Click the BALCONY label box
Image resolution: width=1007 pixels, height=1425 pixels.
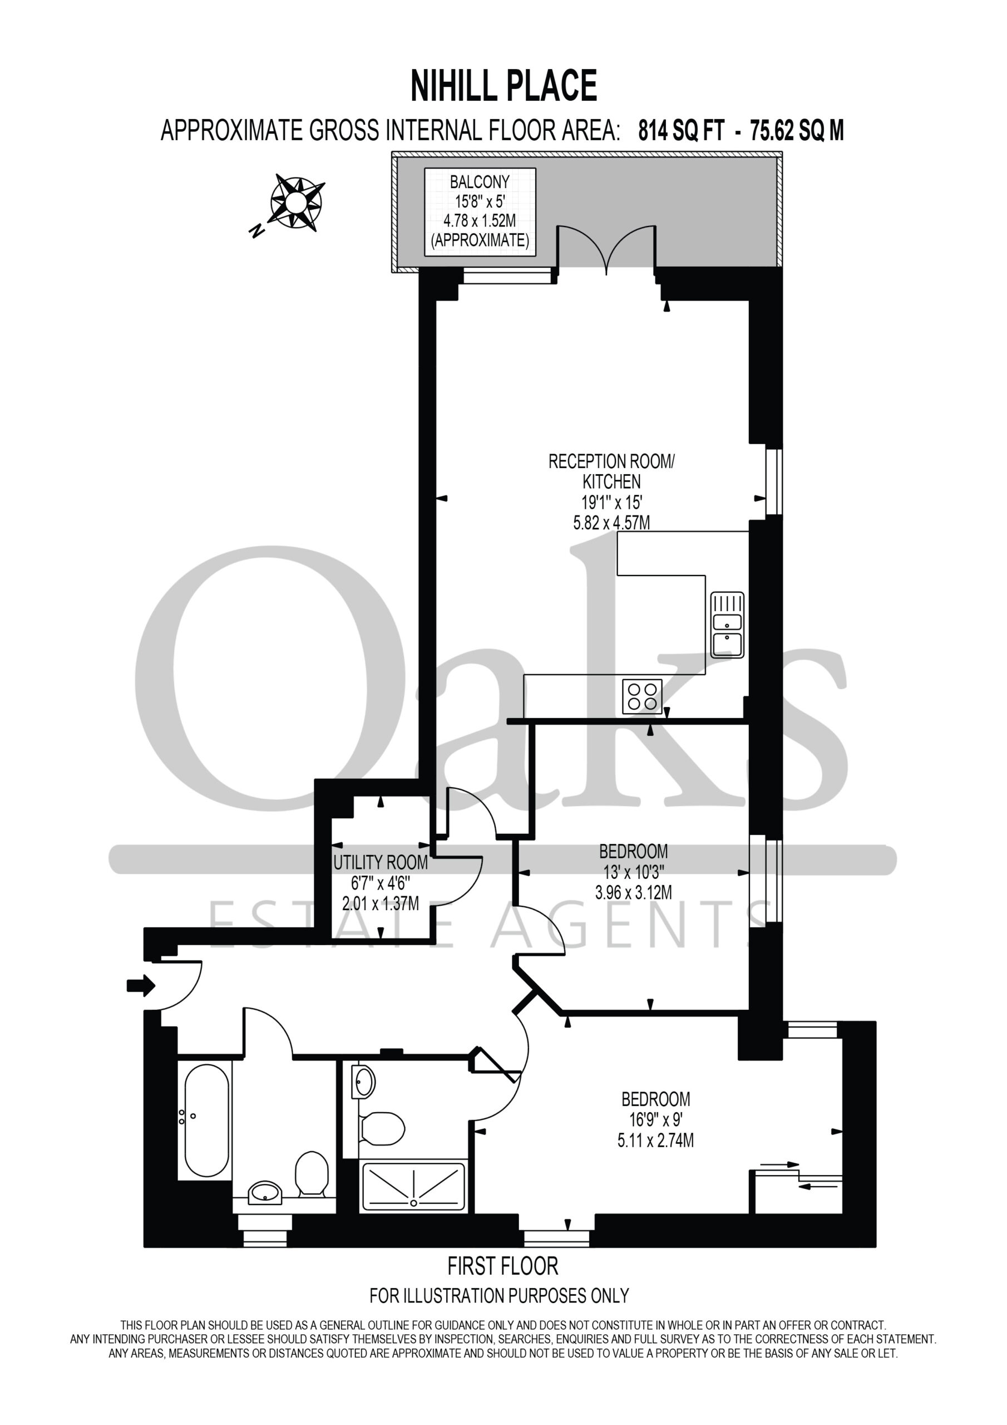[480, 212]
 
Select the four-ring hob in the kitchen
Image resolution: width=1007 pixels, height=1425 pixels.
[642, 696]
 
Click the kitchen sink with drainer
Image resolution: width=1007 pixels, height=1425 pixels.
[727, 625]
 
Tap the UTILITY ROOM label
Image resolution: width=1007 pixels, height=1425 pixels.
[381, 863]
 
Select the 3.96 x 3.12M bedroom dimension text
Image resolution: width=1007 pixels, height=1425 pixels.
[634, 892]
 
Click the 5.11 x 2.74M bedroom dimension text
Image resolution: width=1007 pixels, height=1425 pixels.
[656, 1140]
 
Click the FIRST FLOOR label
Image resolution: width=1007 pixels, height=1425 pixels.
[503, 1266]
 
